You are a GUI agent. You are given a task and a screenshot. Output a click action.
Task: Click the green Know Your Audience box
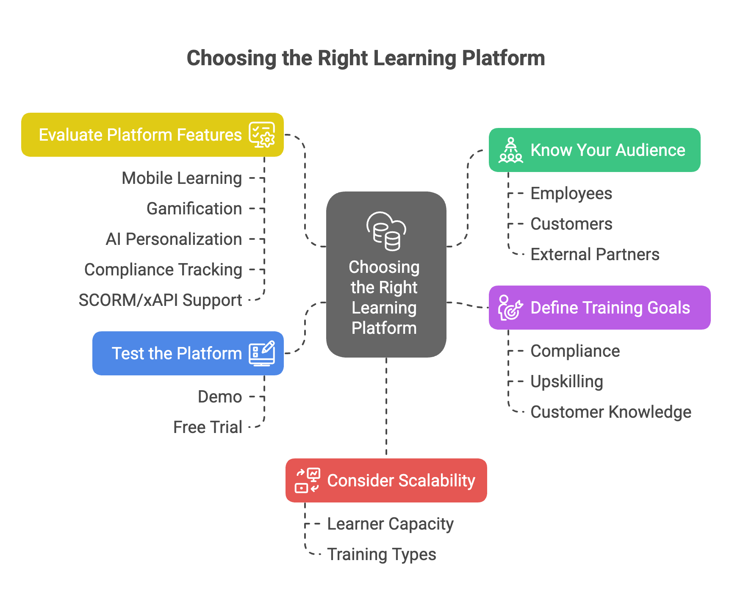594,150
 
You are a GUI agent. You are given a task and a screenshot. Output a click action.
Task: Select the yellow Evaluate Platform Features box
152,135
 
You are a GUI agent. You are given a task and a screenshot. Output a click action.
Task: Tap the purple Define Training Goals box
599,308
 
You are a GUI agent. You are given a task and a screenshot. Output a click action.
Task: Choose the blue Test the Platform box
188,353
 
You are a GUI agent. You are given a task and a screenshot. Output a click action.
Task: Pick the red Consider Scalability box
386,480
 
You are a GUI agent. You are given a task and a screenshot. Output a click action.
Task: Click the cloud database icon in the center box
386,230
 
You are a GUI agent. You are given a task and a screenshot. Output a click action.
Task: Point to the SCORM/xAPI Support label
160,300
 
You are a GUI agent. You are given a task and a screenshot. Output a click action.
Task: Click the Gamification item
194,208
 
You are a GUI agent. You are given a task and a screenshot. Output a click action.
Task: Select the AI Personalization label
174,239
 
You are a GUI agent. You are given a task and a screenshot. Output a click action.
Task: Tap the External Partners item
595,254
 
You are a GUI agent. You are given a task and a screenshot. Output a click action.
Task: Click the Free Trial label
208,427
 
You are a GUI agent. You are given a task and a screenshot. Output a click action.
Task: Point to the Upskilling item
567,381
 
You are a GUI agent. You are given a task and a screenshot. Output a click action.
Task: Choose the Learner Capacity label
390,524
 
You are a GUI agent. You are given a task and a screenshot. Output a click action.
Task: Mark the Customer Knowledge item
611,412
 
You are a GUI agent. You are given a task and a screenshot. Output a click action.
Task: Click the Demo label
220,397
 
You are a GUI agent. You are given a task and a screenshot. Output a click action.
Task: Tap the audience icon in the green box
510,150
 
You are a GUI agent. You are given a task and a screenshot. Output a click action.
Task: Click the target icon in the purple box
510,308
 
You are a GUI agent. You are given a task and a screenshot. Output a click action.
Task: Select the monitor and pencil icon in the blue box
262,353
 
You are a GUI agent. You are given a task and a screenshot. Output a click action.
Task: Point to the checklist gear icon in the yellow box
262,135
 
